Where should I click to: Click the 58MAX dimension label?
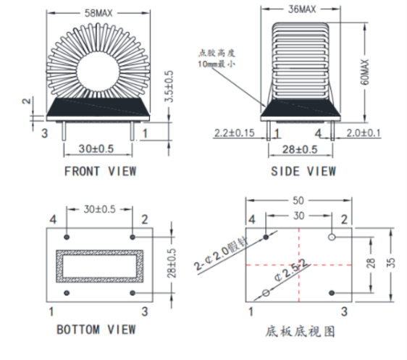click(98, 13)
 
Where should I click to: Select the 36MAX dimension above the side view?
click(302, 9)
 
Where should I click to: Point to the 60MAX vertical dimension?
click(364, 72)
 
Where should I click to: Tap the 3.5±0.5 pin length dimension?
click(169, 86)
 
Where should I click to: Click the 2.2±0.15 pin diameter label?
click(235, 133)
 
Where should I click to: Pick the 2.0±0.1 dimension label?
click(364, 133)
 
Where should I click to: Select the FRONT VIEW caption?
click(100, 171)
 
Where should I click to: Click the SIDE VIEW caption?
click(303, 171)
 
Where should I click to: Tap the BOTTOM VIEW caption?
click(96, 330)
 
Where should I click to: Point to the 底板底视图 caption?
click(300, 332)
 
